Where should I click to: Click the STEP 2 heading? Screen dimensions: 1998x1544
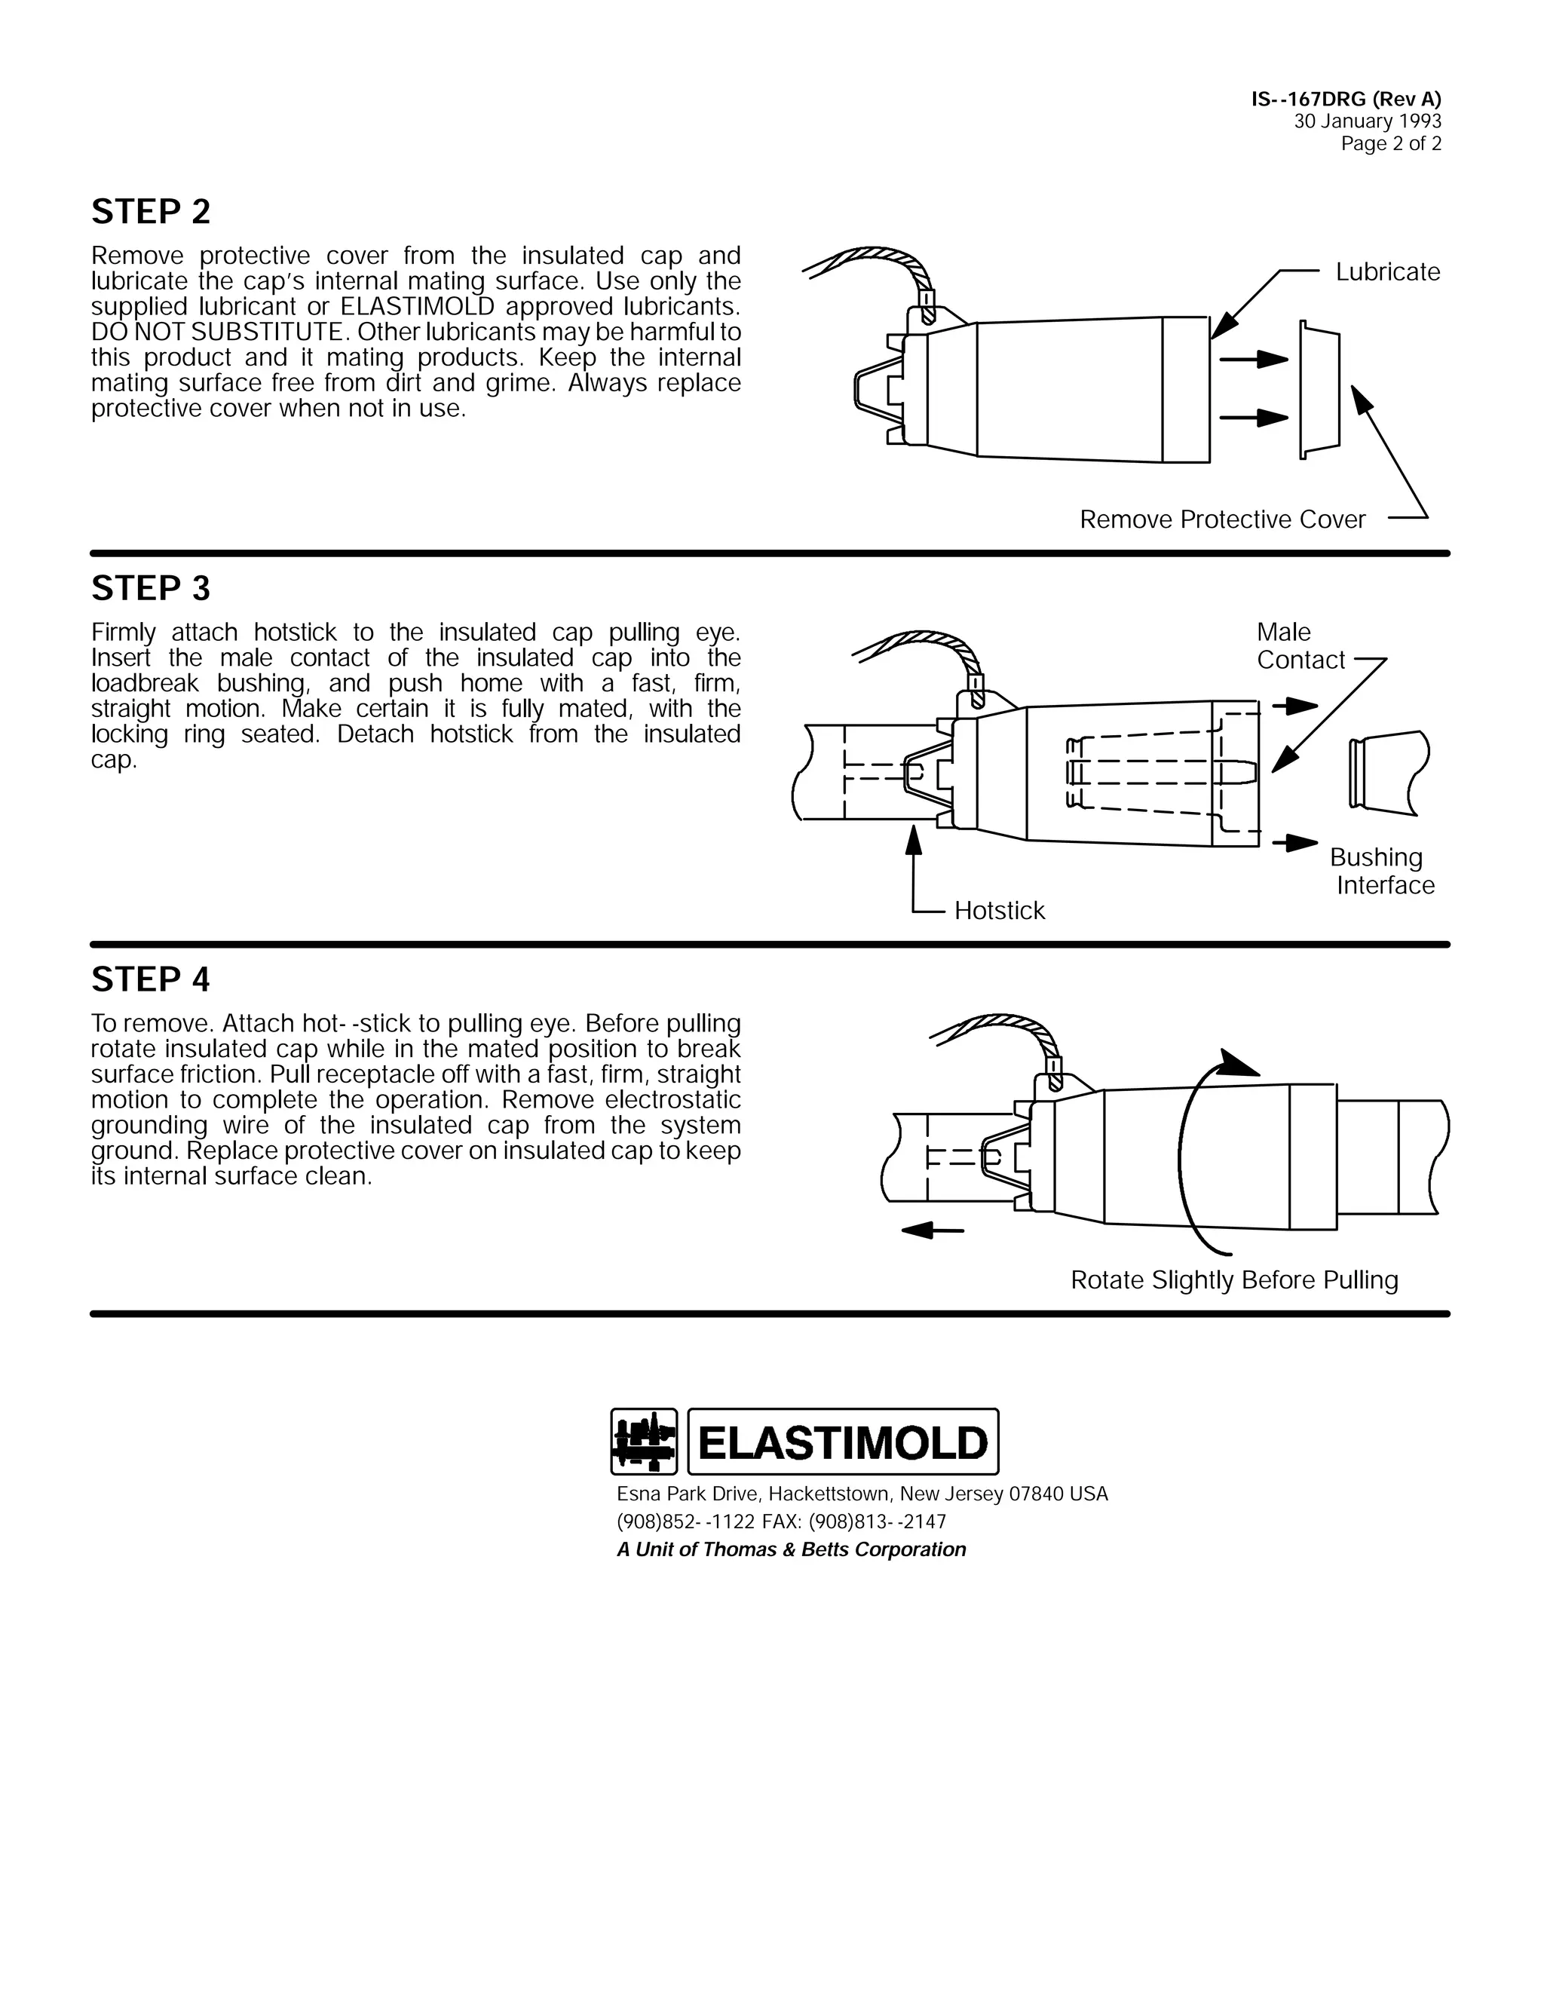click(x=151, y=213)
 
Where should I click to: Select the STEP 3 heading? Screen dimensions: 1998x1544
click(x=151, y=588)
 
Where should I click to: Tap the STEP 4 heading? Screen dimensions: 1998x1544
click(x=151, y=980)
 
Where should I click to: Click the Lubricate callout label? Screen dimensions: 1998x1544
click(x=1386, y=271)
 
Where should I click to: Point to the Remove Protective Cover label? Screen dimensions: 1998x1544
click(x=1222, y=519)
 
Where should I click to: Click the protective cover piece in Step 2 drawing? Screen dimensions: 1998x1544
click(x=1320, y=389)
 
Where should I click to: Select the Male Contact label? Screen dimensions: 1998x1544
click(x=1299, y=646)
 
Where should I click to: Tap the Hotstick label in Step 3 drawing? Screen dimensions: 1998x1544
click(x=999, y=910)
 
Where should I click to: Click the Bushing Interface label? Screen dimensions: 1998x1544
click(x=1380, y=871)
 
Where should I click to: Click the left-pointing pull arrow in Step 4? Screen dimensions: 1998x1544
click(x=931, y=1230)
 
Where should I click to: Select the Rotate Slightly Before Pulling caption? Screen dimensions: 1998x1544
click(x=1234, y=1280)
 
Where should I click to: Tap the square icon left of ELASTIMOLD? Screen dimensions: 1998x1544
click(x=644, y=1442)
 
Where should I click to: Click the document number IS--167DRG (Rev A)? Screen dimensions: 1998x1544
click(x=1346, y=100)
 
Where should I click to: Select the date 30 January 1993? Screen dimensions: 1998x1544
click(x=1368, y=121)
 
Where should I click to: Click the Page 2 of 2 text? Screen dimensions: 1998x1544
click(x=1390, y=143)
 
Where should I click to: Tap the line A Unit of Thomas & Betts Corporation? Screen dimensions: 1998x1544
click(x=791, y=1549)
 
